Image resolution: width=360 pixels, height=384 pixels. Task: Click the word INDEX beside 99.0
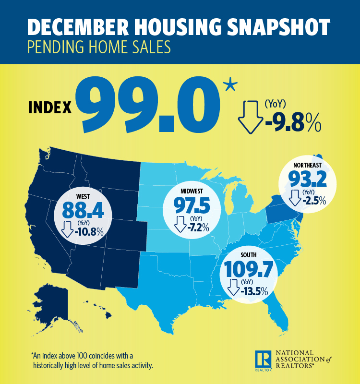click(x=50, y=107)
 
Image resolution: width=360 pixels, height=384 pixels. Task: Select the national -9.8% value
click(x=293, y=123)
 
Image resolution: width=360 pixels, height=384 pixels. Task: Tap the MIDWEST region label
click(x=191, y=191)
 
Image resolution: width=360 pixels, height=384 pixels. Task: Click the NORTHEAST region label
click(x=308, y=165)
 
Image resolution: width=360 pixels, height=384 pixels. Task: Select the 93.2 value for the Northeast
click(x=308, y=180)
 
